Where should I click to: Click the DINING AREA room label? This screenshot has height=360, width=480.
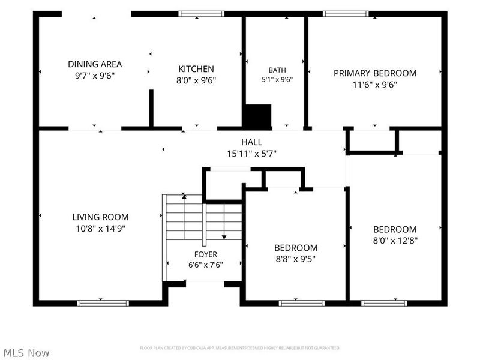[x=95, y=64]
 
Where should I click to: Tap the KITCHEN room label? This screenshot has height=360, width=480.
[x=196, y=69]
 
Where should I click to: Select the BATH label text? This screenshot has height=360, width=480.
[x=277, y=70]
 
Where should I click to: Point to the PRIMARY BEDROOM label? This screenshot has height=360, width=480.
[x=375, y=73]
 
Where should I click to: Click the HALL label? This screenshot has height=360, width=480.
[x=251, y=142]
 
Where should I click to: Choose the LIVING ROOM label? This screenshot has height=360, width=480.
[x=100, y=217]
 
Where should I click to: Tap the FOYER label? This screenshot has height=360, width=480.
[x=206, y=254]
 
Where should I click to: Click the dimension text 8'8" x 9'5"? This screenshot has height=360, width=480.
[x=296, y=259]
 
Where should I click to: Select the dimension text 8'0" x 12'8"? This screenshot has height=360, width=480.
[x=395, y=241]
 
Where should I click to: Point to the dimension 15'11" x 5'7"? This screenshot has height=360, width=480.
[x=251, y=154]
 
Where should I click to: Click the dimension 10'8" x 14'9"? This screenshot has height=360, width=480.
[x=100, y=229]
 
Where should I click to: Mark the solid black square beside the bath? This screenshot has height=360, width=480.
[x=257, y=116]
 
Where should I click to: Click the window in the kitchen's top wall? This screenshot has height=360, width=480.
[x=202, y=14]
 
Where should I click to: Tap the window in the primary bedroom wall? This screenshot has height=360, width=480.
[x=346, y=14]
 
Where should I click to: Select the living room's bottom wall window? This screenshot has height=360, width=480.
[x=103, y=303]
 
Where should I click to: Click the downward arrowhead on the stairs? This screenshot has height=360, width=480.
[x=224, y=237]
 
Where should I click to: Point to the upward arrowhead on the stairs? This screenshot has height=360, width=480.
[x=184, y=197]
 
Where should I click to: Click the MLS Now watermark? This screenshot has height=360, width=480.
[x=26, y=353]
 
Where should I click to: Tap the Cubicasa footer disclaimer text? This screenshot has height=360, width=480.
[x=240, y=348]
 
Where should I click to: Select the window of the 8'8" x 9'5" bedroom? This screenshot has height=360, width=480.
[x=302, y=303]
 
